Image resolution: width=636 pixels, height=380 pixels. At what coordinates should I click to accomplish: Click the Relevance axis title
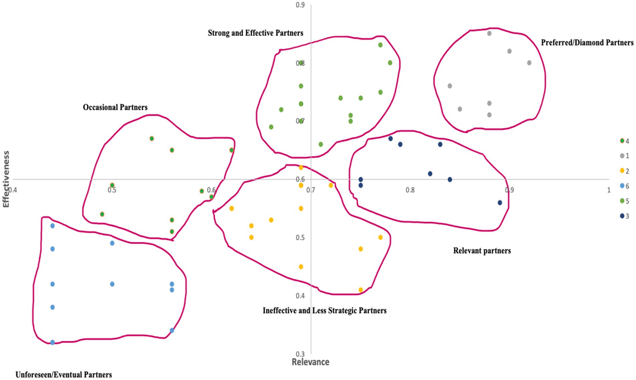pos(310,362)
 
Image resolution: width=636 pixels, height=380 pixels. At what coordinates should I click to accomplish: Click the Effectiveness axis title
pos(6,179)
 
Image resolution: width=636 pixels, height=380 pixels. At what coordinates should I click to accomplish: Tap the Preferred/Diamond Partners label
pos(587,43)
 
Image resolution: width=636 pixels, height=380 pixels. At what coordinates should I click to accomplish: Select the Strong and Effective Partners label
pos(255,33)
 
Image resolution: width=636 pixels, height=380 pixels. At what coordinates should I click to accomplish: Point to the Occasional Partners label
pos(115,107)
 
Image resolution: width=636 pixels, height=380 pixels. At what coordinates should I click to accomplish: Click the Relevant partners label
pos(482,251)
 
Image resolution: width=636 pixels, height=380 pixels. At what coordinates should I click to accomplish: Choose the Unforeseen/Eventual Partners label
pos(64,375)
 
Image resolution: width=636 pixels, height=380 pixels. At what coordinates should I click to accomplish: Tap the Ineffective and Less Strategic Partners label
pos(324,310)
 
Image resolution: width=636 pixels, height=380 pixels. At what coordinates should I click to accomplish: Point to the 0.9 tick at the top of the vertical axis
pos(300,5)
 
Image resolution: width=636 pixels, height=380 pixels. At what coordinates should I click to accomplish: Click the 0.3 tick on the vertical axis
pos(300,354)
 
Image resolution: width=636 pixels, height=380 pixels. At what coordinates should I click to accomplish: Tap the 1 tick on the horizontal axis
pos(609,190)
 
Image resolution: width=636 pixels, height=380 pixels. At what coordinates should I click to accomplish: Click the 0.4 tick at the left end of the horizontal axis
pos(13,190)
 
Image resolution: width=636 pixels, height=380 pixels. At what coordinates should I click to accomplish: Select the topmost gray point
pos(489,33)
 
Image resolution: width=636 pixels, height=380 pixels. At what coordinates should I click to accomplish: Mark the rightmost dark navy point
pos(500,203)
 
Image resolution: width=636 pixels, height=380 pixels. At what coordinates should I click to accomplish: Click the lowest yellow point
pos(360,290)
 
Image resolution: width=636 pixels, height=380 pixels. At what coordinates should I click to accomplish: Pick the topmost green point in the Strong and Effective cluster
pos(380,45)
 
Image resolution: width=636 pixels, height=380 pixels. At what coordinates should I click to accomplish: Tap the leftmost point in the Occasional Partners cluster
pos(102,214)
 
